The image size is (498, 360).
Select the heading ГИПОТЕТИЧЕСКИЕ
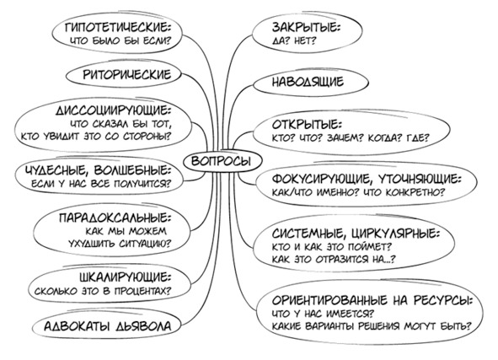coord(118,28)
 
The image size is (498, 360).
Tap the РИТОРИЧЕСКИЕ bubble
coord(124,74)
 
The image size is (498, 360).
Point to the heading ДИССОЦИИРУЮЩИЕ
coord(114,110)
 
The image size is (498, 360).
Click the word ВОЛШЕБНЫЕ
coord(133,170)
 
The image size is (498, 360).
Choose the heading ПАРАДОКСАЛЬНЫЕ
coord(115,218)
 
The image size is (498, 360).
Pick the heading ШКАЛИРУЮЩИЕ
coord(126,277)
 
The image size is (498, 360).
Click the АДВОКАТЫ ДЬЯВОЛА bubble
coord(107,326)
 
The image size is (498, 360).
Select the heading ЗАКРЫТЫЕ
coord(306,28)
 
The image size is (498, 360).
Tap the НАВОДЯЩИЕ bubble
coord(311,82)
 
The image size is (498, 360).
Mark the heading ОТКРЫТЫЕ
coord(307,125)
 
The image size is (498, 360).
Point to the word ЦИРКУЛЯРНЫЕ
coord(396,234)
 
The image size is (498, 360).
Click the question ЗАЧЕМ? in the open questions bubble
coord(345,138)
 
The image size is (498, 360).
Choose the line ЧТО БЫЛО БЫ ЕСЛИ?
coord(120,41)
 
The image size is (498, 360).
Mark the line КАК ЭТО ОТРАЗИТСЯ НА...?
coord(335,260)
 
